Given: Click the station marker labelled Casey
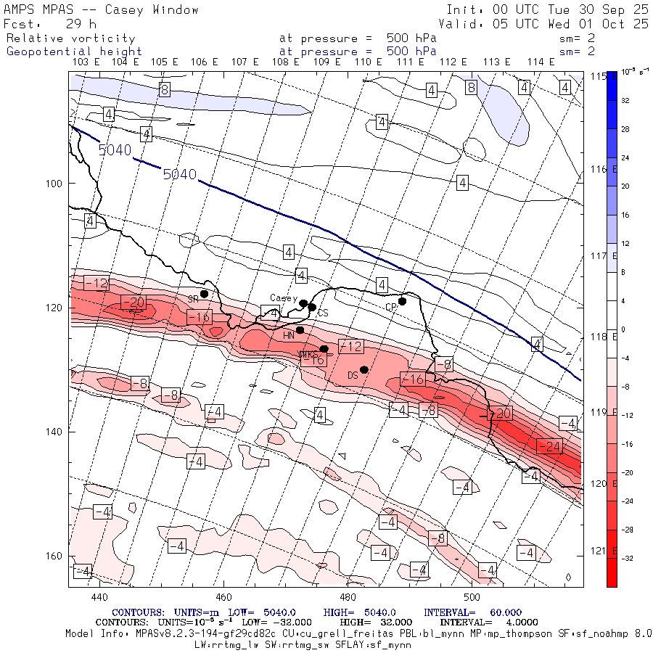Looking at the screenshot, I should point(303,303).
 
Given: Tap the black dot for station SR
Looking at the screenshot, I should point(205,294).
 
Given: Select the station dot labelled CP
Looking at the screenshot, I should point(402,301).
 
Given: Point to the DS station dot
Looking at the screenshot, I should point(364,369).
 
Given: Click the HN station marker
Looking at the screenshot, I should point(300,330).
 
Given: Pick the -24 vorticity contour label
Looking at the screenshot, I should point(549,446).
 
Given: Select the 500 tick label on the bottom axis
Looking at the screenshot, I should point(472,596).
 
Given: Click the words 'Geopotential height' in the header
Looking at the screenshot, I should point(74,52).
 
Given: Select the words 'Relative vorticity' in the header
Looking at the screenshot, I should point(70,38).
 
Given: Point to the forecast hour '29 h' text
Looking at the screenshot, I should point(81,24).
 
